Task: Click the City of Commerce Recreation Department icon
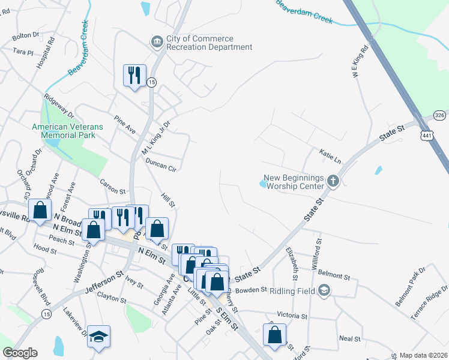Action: [x=157, y=41]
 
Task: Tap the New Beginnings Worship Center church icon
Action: [x=334, y=180]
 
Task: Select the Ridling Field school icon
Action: [x=324, y=291]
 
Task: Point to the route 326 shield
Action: [x=439, y=115]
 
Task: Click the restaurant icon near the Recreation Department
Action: [x=134, y=76]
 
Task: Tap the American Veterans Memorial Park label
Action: [x=67, y=131]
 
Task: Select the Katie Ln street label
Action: [x=330, y=157]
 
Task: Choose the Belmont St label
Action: [x=334, y=275]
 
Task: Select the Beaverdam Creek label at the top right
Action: [x=304, y=12]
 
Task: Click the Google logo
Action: [x=20, y=353]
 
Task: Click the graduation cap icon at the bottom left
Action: [x=99, y=337]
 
